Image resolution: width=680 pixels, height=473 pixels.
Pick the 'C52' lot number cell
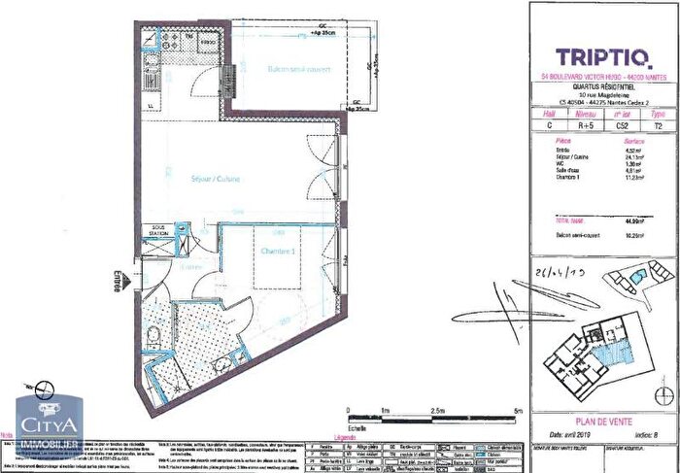point(627,124)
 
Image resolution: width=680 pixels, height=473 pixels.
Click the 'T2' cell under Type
point(660,124)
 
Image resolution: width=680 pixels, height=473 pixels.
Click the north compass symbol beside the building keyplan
point(663,395)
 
